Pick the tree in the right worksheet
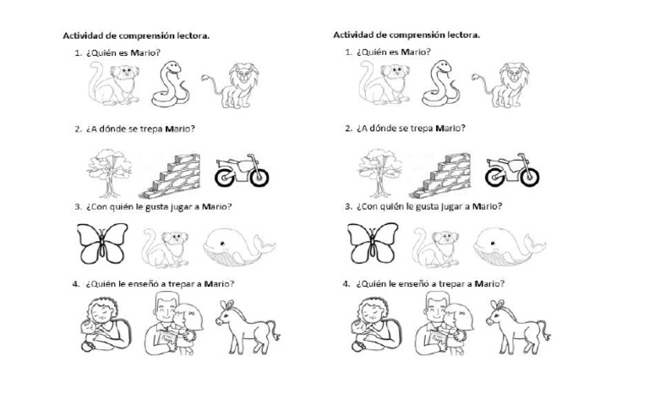(376, 169)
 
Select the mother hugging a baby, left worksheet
(102, 323)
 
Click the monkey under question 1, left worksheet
(112, 86)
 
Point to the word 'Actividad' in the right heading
(353, 36)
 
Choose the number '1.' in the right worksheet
(349, 52)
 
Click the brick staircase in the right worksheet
(444, 172)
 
